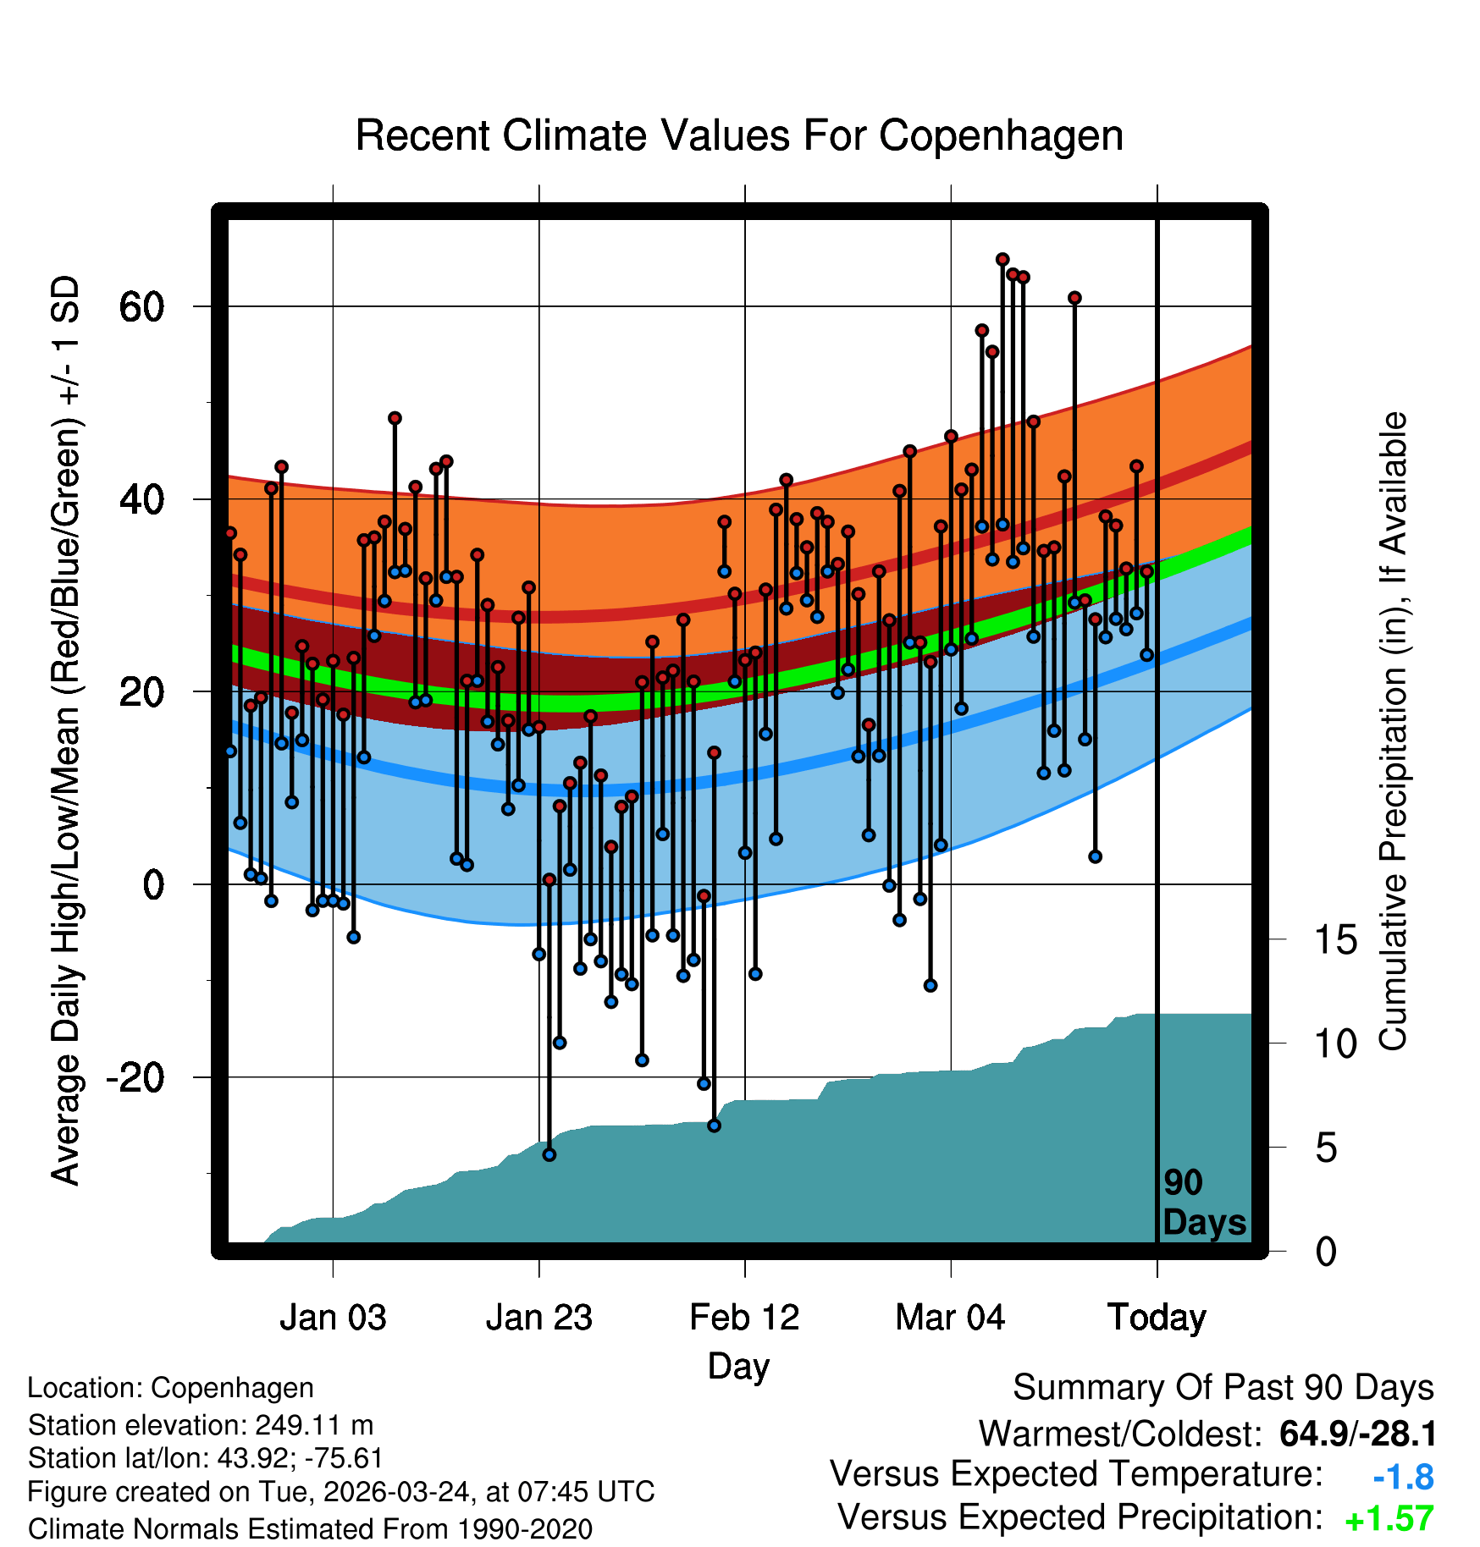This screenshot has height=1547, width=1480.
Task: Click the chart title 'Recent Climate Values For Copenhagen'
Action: click(739, 135)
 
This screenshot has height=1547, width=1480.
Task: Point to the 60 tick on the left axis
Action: click(141, 306)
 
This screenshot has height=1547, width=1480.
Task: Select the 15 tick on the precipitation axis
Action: click(1335, 940)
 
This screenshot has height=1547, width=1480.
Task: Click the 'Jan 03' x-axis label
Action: click(333, 1318)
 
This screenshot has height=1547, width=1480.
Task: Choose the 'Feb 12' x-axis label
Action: click(744, 1318)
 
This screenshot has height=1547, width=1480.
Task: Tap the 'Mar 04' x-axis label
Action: click(950, 1318)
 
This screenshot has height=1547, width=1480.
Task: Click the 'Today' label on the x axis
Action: click(1157, 1318)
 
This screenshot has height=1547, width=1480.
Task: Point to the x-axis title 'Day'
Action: click(738, 1366)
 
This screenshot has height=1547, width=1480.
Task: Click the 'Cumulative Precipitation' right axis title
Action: click(1393, 731)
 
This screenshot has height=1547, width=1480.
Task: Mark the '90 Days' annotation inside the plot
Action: click(1203, 1203)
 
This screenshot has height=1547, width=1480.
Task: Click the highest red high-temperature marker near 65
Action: click(1002, 259)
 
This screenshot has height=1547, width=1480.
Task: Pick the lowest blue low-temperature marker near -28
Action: click(549, 1154)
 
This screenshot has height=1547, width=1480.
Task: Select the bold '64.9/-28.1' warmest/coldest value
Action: click(1357, 1434)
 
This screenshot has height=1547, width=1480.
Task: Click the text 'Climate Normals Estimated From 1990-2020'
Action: click(310, 1529)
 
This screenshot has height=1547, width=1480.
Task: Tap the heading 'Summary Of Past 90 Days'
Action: click(1223, 1388)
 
